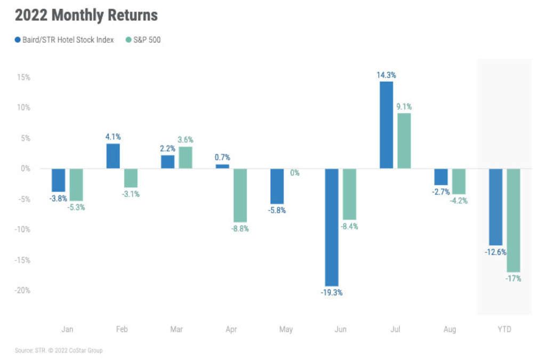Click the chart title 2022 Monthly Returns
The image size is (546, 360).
tap(86, 15)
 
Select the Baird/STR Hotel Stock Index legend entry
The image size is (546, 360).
tap(65, 40)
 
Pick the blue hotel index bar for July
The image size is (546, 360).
tap(387, 125)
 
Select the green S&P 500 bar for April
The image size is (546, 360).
tap(240, 195)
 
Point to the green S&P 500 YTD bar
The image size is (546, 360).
tap(513, 220)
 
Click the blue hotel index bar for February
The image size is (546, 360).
tap(113, 156)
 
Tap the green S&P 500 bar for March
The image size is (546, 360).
tap(186, 157)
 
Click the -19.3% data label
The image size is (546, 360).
tap(332, 293)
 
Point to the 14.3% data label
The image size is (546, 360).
tap(387, 75)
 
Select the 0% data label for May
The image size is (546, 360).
tap(294, 173)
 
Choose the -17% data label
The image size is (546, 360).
tap(513, 278)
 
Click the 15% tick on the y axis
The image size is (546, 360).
tap(23, 77)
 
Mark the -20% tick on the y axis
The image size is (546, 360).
tap(22, 291)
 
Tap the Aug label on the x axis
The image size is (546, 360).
tap(449, 330)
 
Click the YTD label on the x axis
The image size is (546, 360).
tap(504, 330)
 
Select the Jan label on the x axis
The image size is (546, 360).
tap(67, 330)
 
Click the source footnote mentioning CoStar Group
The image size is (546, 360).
tap(59, 350)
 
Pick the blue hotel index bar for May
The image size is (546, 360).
tap(277, 186)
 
